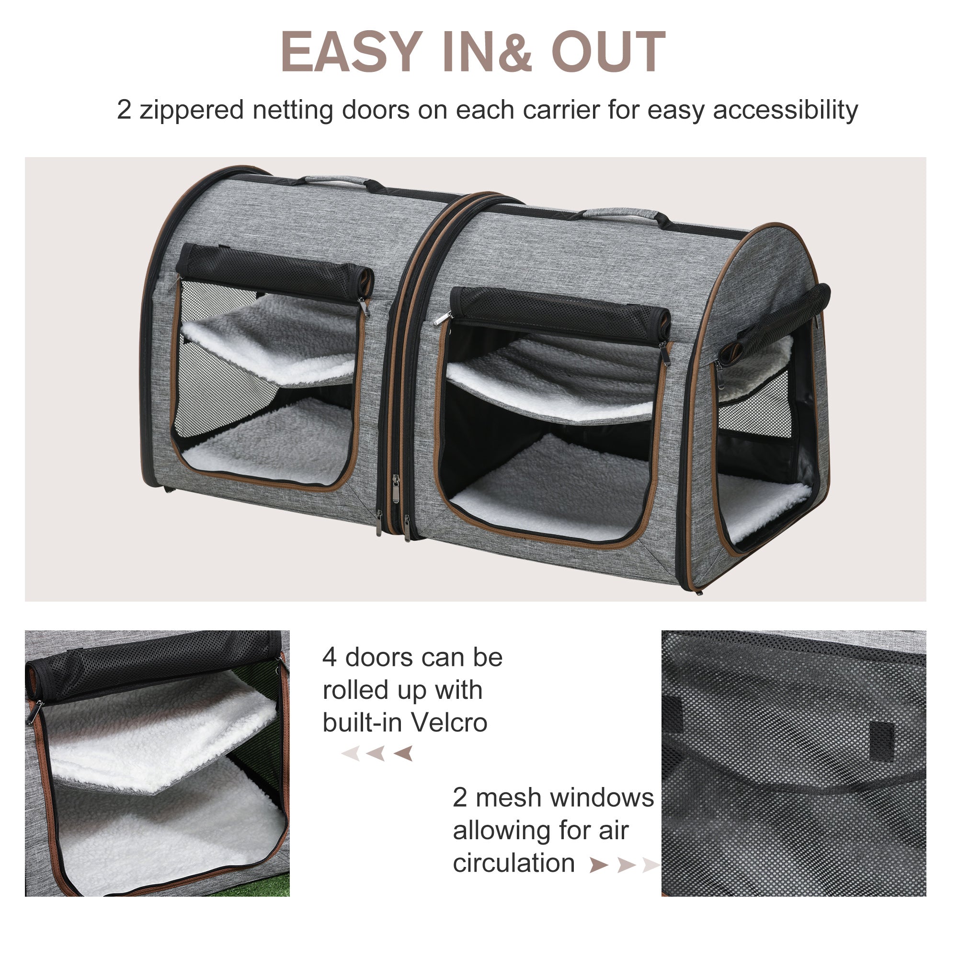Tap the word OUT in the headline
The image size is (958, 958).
(x=608, y=52)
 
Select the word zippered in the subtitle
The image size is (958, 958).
(x=192, y=110)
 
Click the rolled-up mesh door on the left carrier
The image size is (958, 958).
(x=274, y=271)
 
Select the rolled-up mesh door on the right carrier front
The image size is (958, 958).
(x=560, y=311)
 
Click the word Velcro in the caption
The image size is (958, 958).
(x=449, y=722)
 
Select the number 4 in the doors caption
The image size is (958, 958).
(x=329, y=658)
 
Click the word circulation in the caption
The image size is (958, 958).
(x=513, y=863)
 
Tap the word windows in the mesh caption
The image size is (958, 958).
(x=602, y=798)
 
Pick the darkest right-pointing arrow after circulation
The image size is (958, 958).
(x=598, y=865)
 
